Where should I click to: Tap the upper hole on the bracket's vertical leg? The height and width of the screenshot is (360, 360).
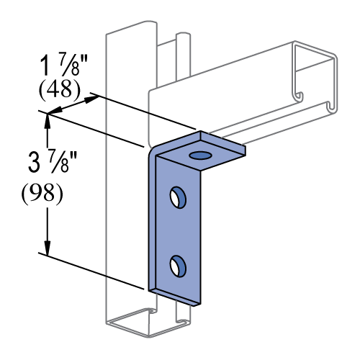click(x=176, y=196)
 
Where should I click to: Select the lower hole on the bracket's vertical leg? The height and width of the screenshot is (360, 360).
click(x=176, y=266)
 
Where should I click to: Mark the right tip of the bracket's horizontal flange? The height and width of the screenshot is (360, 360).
click(x=243, y=150)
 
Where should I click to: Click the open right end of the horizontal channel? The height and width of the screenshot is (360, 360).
click(x=313, y=79)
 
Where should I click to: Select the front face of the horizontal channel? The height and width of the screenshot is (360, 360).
click(x=216, y=101)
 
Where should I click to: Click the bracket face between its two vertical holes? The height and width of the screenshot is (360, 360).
click(x=176, y=230)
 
